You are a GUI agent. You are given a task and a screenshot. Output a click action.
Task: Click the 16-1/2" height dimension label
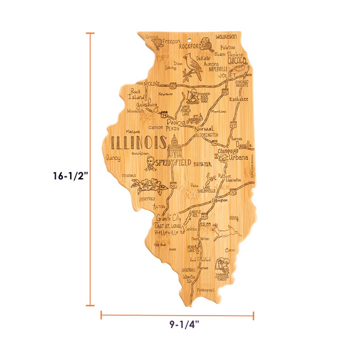coord(70,176)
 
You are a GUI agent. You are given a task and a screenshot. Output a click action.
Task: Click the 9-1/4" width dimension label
coord(181,325)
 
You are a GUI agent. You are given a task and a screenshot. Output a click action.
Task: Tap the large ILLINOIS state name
coord(139,143)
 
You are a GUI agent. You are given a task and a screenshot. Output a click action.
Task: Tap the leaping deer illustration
coord(222,229)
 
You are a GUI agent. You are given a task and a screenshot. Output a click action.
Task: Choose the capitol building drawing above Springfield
coord(173,146)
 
